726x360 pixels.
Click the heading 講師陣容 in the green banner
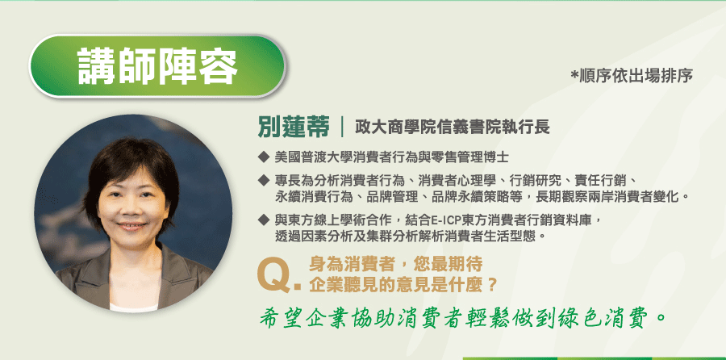pyautogui.click(x=157, y=65)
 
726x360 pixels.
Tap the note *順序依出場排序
pyautogui.click(x=632, y=76)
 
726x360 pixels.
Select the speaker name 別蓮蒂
pyautogui.click(x=294, y=128)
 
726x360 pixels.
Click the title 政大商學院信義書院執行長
pyautogui.click(x=453, y=127)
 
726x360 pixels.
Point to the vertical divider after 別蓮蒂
pyautogui.click(x=342, y=128)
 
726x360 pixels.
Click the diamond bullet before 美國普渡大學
pyautogui.click(x=264, y=157)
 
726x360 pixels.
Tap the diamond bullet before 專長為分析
pyautogui.click(x=264, y=179)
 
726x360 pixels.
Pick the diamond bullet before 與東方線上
pyautogui.click(x=264, y=220)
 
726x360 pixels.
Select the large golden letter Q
pyautogui.click(x=274, y=276)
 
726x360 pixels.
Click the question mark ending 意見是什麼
pyautogui.click(x=492, y=283)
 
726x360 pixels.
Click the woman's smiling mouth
pyautogui.click(x=131, y=227)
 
